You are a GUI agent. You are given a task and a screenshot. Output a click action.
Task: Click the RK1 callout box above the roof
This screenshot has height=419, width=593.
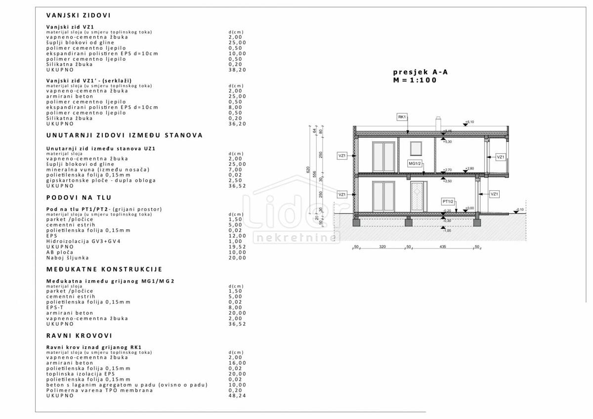(402, 117)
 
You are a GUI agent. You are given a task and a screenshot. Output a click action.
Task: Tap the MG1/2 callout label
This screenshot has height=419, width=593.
(415, 163)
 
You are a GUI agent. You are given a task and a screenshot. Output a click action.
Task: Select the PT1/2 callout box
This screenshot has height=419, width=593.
(448, 202)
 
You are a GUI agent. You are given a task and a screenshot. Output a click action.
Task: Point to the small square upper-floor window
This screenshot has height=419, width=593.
(416, 148)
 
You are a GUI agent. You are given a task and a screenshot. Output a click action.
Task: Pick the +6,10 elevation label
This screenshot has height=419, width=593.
(469, 122)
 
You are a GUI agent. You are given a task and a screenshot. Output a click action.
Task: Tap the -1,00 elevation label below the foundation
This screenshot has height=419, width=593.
(447, 231)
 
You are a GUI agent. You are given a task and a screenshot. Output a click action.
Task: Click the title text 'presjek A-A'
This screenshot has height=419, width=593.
(420, 72)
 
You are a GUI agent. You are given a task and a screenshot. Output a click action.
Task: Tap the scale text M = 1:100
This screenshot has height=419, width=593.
(415, 80)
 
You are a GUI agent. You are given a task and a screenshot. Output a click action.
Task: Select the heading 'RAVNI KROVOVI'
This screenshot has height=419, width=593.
(79, 335)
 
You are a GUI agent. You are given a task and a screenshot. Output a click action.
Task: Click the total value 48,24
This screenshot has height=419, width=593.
(237, 396)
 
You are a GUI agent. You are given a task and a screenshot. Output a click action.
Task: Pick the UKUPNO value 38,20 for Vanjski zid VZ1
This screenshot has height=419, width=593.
(237, 70)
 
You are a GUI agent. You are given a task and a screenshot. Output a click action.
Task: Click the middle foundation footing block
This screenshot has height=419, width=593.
(408, 223)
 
